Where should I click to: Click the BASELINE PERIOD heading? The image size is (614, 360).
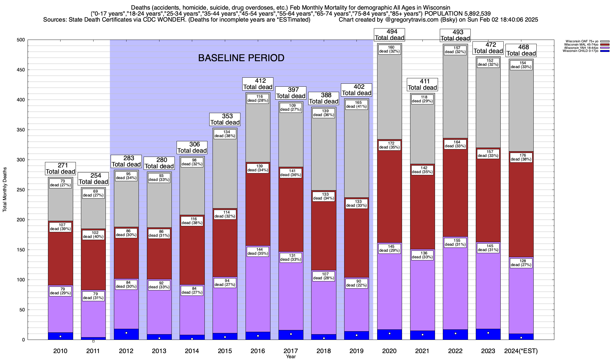coord(241,58)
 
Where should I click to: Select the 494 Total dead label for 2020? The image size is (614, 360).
coord(389,35)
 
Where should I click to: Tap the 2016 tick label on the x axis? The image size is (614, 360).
coord(258,351)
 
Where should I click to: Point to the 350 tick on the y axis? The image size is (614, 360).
coord(21,130)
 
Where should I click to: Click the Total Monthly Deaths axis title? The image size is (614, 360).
coord(5,190)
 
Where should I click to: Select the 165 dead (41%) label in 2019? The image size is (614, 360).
coord(356,104)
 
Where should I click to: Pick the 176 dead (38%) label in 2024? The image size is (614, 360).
coord(521,157)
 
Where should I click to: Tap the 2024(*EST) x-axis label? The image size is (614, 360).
coord(521,351)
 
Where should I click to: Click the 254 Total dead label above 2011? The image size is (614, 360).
coord(93,179)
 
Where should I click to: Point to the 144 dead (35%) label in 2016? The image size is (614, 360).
coord(258,251)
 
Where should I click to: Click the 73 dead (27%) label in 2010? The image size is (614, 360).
coord(60,183)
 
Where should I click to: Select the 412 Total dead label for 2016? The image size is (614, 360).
coord(258,84)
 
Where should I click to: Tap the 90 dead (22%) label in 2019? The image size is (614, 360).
coord(356,283)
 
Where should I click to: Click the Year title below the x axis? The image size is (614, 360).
coord(291,357)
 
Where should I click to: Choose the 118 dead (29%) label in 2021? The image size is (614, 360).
coord(422,99)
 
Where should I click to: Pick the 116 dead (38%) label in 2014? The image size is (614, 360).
coord(192,221)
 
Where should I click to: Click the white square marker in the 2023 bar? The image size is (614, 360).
coord(488,333)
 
